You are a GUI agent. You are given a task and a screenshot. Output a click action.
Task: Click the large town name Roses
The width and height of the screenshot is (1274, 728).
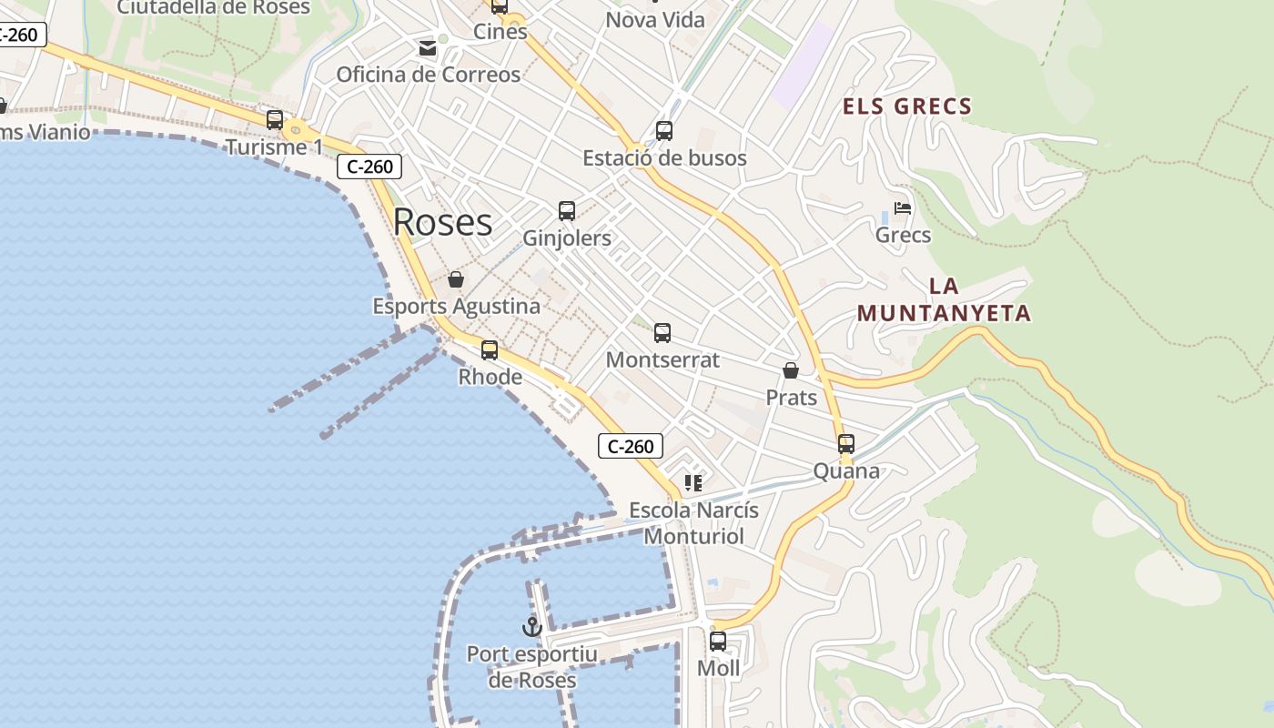pos(443,222)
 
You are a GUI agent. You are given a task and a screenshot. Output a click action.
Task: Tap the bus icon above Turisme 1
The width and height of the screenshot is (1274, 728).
pos(274,120)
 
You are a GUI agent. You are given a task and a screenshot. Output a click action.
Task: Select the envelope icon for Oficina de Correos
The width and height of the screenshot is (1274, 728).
pos(428,47)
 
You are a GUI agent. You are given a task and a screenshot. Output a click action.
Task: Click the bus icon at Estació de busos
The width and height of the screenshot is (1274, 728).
pos(664,131)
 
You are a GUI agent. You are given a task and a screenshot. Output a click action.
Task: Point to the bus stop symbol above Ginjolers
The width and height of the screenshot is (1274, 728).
pos(567,211)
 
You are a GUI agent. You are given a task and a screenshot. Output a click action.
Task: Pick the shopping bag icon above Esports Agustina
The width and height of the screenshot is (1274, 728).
pos(456,279)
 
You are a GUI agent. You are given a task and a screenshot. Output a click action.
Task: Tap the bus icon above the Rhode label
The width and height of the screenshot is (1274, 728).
pos(490,350)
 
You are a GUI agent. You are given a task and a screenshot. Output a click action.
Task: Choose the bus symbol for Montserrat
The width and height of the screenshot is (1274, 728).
pos(662,333)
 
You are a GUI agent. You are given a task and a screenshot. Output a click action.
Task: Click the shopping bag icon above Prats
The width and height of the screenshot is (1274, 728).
pos(791,371)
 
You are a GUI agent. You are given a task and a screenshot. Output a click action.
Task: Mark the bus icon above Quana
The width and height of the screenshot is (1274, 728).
pos(846,444)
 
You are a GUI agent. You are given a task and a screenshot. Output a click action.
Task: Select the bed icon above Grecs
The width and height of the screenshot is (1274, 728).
pos(903,208)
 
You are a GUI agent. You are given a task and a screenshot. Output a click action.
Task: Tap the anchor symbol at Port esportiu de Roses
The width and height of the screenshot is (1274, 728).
pos(531,626)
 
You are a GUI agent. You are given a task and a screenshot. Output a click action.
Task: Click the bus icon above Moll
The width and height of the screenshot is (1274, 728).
pos(718,642)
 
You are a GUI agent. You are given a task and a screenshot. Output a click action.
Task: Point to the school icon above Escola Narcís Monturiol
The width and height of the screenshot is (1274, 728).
pos(693,483)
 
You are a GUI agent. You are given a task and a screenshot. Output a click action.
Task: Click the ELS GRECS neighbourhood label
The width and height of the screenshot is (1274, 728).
pos(907,106)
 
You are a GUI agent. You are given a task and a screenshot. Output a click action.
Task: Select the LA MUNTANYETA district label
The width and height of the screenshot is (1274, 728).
pos(945,299)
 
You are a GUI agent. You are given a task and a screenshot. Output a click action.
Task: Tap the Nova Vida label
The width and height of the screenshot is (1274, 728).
pos(655,19)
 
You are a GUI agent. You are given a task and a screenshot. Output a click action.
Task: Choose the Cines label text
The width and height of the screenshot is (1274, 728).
pos(500,31)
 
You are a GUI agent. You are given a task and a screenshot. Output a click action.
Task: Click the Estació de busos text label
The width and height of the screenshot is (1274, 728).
pos(664,158)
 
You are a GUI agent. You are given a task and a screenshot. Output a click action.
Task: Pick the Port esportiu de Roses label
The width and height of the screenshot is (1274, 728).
pos(532,667)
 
